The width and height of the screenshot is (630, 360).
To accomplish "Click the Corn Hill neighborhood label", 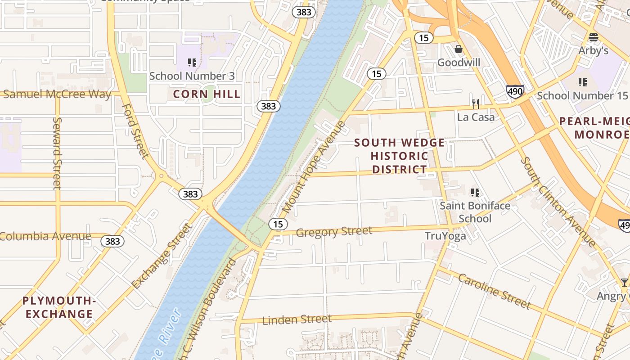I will [x=207, y=94].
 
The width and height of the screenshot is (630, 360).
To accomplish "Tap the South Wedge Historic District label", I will [x=399, y=156].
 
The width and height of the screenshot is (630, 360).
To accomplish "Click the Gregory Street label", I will [x=334, y=232].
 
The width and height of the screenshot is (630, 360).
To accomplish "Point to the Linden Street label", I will [x=297, y=319].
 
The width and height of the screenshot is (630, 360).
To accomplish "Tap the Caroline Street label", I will [x=494, y=291].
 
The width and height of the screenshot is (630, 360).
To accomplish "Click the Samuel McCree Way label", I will [x=57, y=94].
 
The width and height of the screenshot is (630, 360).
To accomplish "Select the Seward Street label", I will [x=57, y=153].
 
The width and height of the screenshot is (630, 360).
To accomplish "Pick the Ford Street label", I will [x=135, y=131].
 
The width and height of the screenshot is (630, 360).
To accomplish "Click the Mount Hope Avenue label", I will [x=315, y=167].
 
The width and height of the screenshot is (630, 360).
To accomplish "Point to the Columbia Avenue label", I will [x=45, y=236].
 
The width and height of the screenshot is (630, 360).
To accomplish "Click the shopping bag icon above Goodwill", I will [x=459, y=49].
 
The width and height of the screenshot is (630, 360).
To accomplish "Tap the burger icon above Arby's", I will [x=593, y=37].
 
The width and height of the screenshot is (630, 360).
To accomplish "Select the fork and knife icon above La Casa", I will [x=476, y=104].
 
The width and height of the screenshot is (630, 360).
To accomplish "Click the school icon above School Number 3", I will [x=192, y=63].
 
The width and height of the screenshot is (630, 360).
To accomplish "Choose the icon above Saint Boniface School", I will [x=475, y=193].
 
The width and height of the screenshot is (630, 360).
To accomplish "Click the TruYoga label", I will [x=445, y=236].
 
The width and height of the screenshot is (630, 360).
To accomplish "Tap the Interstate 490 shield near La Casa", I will [x=515, y=91].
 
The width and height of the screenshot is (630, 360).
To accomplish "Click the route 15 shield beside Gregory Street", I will [x=278, y=224].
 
